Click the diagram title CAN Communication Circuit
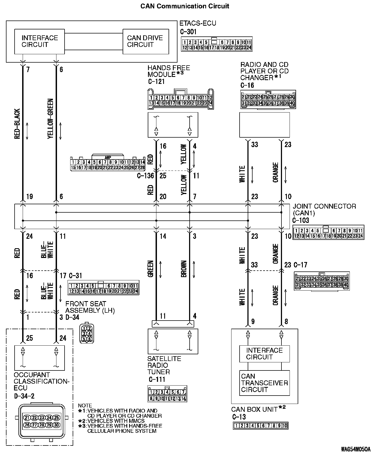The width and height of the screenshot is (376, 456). coord(185,6)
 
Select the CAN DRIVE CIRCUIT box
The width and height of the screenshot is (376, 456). coord(146,42)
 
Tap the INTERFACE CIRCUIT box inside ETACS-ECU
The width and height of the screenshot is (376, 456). coord(39,42)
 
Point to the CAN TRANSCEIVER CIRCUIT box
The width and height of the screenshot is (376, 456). coord(264,383)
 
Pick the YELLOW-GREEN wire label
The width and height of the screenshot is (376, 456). coord(51,119)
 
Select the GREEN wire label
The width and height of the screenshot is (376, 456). coord(150,268)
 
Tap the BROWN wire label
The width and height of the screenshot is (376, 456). coord(184,269)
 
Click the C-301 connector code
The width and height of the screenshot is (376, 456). coord(188,32)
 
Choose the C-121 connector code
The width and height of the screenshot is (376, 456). coord(156,81)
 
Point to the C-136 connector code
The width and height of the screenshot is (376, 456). coord(145,176)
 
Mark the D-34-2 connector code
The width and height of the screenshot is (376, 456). coord(24,396)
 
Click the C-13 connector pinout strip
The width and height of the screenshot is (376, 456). coord(260,426)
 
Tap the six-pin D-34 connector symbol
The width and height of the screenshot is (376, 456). coord(87,333)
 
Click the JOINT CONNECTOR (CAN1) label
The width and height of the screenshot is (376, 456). coord(324,210)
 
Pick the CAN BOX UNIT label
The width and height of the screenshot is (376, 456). coord(254,409)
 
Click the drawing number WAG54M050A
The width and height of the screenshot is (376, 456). coord(355,449)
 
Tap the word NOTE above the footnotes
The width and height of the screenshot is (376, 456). coord(85,406)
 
